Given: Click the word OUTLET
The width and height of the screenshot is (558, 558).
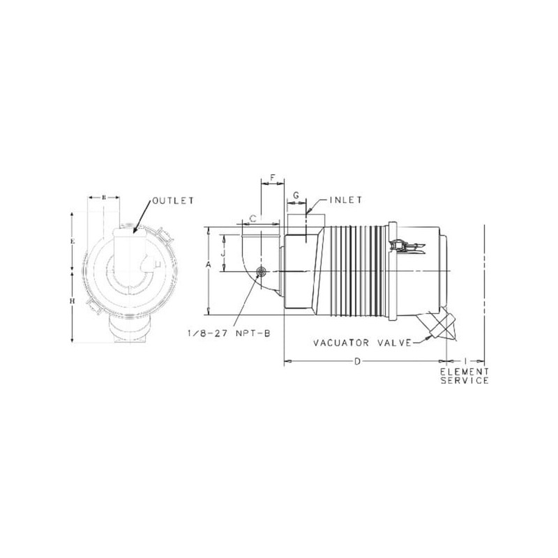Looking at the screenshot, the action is point(173,201).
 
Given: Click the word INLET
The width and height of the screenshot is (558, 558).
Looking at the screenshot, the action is point(345,200).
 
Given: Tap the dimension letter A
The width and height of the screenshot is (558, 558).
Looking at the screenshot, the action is point(209,265).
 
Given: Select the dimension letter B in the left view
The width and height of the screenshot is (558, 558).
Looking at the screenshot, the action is point(104,197).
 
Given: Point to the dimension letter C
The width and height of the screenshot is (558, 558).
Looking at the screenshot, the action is point(252,219).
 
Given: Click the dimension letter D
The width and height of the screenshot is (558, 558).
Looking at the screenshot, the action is point(357,361).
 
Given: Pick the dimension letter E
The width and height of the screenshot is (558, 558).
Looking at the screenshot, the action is point(73,241).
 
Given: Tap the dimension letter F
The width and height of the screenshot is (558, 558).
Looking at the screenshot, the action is point(273,178).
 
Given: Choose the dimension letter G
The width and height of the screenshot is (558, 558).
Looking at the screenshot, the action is point(296,195).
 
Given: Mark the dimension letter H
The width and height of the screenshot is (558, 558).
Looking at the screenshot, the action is point(73,301).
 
